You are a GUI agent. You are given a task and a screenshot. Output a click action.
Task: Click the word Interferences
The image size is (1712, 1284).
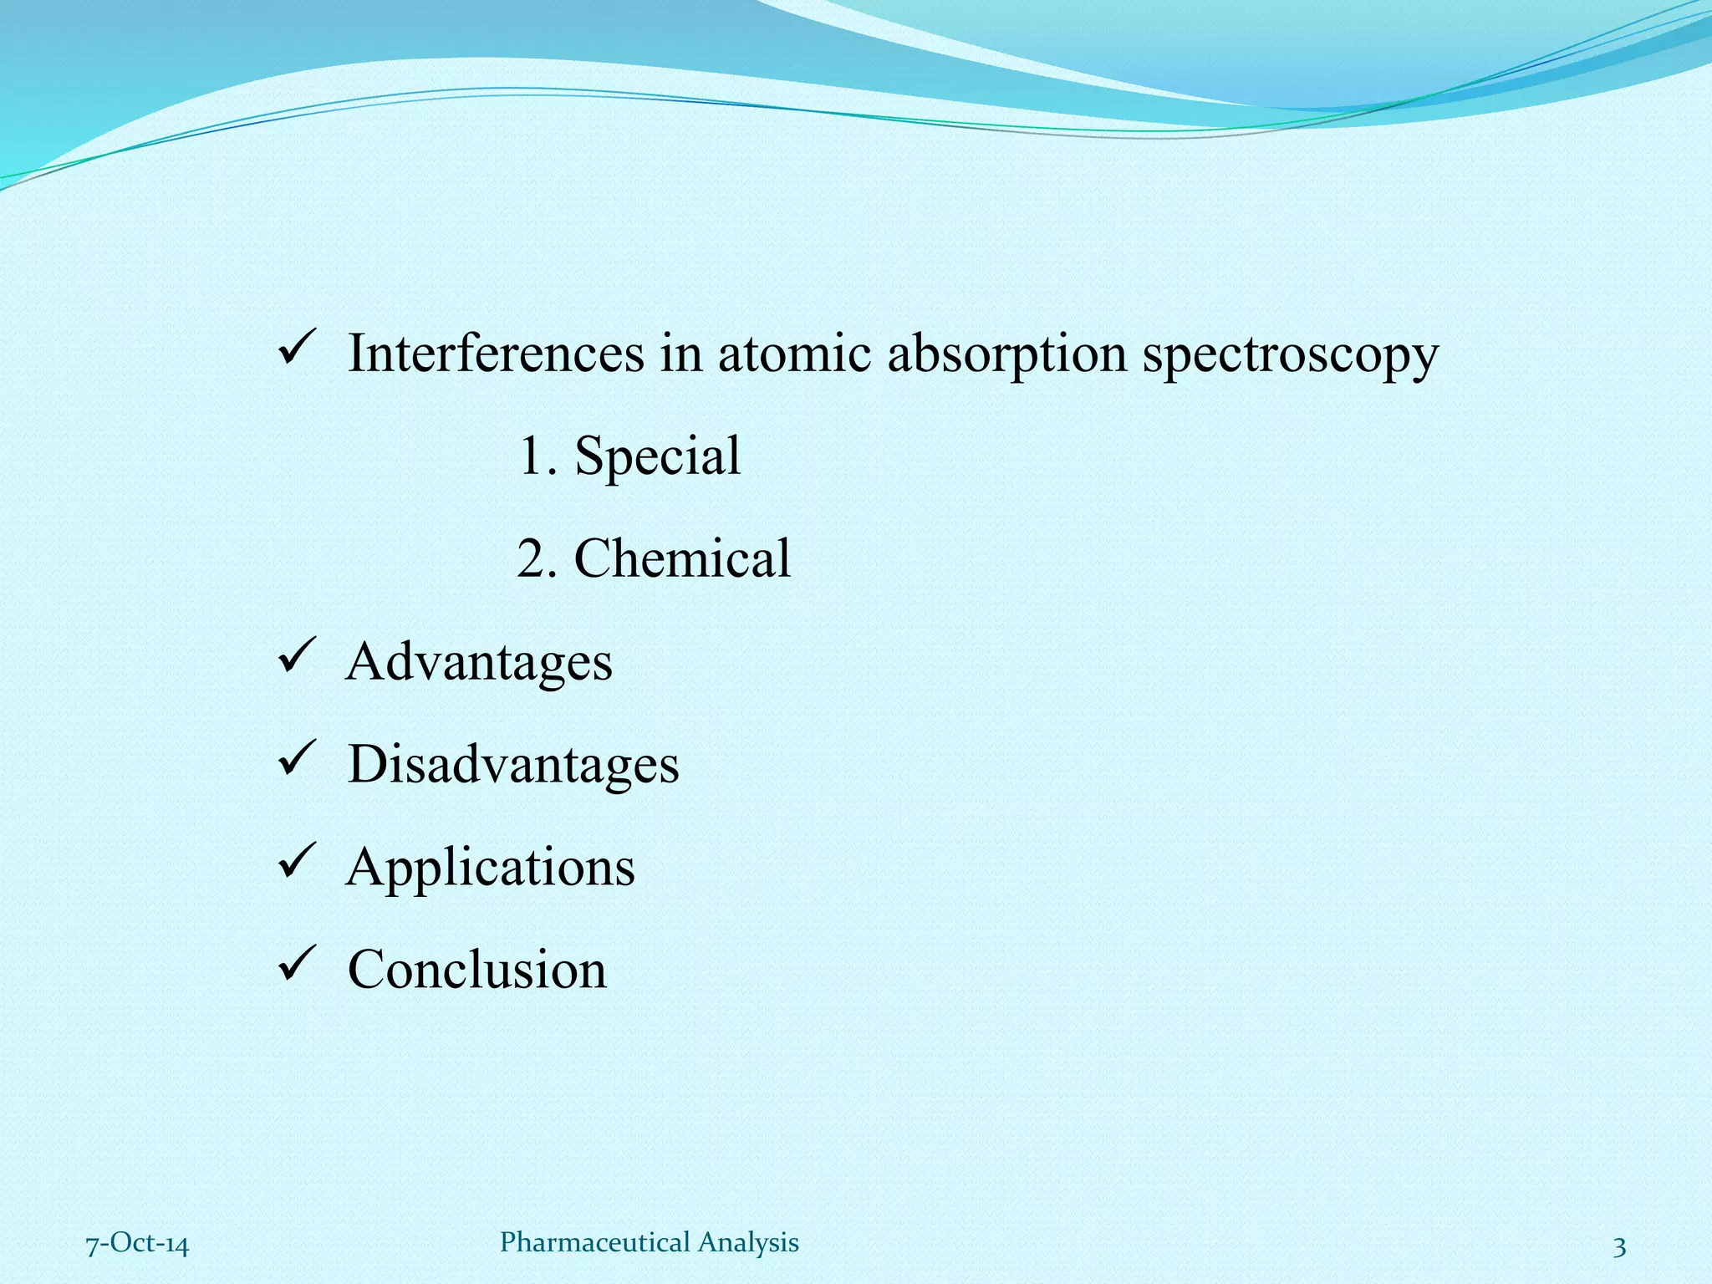496,353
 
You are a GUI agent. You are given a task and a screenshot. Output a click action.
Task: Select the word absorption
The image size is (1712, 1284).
1006,354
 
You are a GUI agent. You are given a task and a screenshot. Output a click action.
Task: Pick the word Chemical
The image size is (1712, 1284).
682,558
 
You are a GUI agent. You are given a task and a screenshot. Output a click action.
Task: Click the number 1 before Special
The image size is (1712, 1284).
530,456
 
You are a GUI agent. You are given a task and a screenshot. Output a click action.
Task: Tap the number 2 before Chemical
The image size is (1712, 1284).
531,558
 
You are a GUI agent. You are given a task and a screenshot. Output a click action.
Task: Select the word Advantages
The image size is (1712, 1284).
479,662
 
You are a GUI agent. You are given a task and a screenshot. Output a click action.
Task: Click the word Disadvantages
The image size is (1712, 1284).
513,764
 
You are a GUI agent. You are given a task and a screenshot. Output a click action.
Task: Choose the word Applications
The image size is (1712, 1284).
491,868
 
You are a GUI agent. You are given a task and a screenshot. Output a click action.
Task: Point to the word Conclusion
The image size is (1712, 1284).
477,970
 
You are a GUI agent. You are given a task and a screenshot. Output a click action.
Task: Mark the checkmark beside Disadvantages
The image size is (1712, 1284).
296,759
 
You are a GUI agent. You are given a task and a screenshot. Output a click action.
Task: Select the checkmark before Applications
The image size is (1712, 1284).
296,862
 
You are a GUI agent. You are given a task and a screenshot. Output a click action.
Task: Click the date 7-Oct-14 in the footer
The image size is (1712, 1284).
138,1245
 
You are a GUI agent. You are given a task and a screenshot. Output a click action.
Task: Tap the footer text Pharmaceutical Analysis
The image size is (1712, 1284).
650,1242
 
